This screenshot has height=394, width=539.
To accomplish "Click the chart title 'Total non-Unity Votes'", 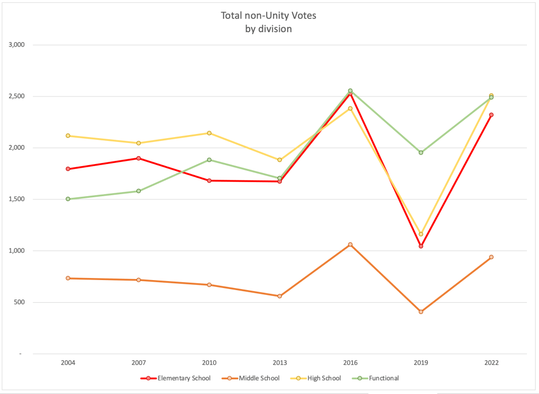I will pos(269,16).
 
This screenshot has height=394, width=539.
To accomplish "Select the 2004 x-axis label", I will pos(68,363).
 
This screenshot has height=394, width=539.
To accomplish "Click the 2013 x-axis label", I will pos(280,363).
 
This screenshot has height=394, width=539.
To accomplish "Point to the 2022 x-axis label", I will pos(491,363).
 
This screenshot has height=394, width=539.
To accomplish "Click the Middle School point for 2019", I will pos(421,312).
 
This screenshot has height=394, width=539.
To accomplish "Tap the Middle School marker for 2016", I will pos(350,245).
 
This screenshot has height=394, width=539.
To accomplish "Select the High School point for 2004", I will pos(68,136).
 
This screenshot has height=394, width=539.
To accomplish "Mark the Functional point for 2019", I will pos(421,152).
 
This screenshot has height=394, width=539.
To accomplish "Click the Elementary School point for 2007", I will pos(139,158).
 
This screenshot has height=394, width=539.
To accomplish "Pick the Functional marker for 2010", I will pos(209,160).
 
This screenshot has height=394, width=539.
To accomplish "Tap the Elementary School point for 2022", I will pos(491,115).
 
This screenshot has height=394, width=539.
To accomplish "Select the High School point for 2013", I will pos(280,160).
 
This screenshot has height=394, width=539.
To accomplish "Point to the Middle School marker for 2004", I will pos(68,278).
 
